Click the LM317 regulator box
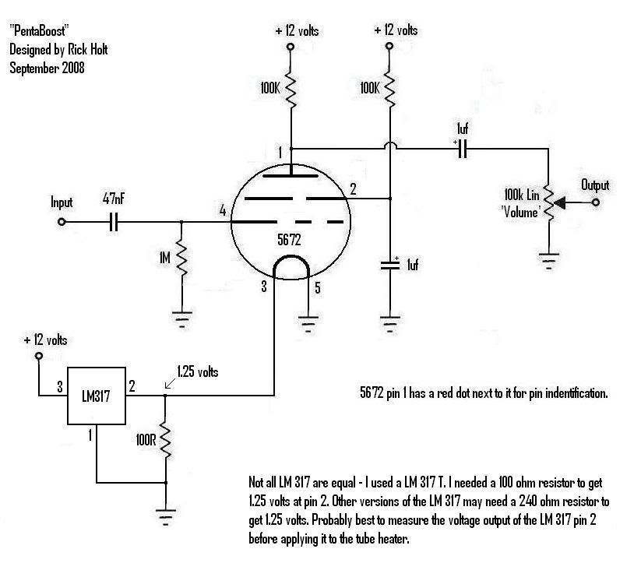coord(97,396)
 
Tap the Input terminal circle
coord(62,222)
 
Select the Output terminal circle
coord(596,202)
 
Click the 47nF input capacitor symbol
coord(114,222)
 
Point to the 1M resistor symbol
coord(181,259)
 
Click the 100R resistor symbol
coord(166,440)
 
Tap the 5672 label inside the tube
coord(289,240)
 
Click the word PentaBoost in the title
coord(39,30)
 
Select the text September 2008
coord(47,68)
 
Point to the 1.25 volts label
coord(198,371)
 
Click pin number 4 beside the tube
coord(223,210)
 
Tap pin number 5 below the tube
coord(318,288)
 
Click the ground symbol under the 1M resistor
coord(181,320)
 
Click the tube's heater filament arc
coord(291,257)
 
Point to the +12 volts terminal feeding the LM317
coord(39,356)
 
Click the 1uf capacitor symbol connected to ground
coord(390,265)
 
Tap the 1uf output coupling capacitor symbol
coord(463,149)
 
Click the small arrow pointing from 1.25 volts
coord(170,384)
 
